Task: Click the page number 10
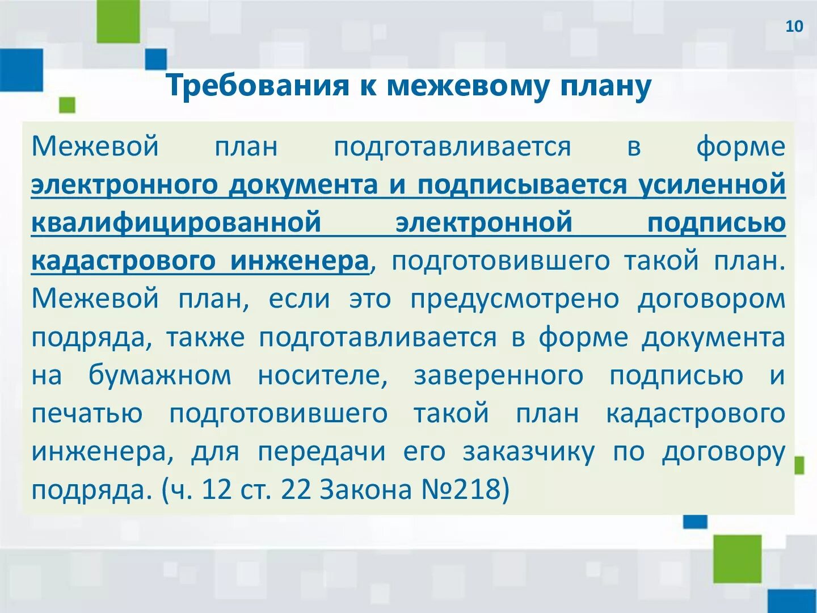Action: (794, 27)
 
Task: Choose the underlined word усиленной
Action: (712, 185)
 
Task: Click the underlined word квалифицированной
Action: (176, 222)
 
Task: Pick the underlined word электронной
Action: (484, 222)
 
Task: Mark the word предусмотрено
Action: (515, 299)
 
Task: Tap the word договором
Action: (711, 299)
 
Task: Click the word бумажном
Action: (160, 376)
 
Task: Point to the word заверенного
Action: (499, 376)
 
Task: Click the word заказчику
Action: (529, 452)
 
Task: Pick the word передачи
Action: (323, 452)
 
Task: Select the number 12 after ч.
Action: (217, 489)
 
